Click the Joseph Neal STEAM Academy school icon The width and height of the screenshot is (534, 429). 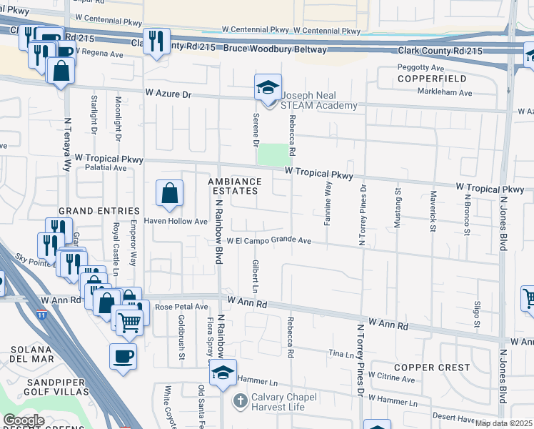268,89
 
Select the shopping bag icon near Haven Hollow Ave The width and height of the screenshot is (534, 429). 169,193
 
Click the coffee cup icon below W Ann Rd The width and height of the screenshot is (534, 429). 123,355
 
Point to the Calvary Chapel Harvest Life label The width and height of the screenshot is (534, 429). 278,403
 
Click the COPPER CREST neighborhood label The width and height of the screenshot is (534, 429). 432,368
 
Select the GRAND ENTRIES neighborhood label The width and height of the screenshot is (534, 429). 99,211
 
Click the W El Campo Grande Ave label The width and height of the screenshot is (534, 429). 269,241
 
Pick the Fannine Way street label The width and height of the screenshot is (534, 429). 328,204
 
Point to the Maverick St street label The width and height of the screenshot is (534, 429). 433,211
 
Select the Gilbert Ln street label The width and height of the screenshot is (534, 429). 254,276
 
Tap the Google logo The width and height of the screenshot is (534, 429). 24,420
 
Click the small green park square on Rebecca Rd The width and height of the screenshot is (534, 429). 276,154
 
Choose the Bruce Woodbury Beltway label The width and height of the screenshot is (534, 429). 275,49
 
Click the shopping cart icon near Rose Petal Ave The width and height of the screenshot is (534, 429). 129,321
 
